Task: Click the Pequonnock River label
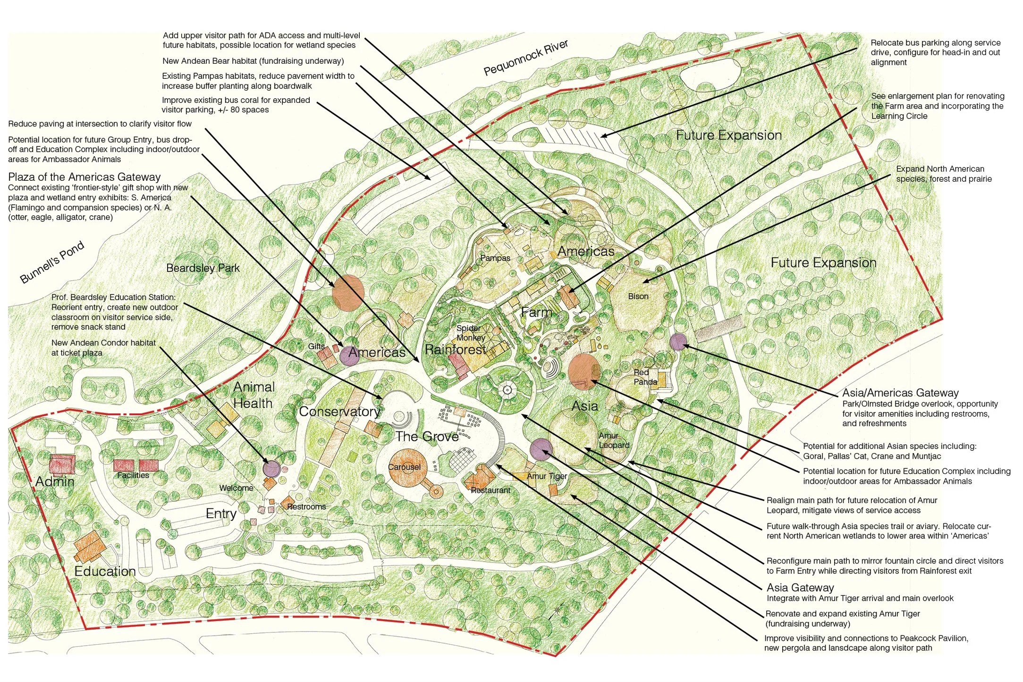(525, 58)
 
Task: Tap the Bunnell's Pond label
(52, 262)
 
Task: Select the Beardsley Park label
(203, 268)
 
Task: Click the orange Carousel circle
(405, 467)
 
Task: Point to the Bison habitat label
(638, 296)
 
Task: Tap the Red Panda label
(645, 377)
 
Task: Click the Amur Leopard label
(614, 440)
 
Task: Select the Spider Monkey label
(470, 333)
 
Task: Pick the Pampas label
(495, 258)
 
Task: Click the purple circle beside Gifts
(349, 356)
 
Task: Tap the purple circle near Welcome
(271, 469)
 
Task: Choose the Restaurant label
(490, 490)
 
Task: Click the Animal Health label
(254, 396)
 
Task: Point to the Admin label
(55, 481)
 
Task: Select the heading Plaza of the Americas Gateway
(85, 177)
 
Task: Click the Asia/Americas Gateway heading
(900, 393)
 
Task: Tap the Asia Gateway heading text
(800, 588)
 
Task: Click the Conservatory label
(339, 412)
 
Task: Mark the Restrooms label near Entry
(306, 507)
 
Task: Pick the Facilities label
(133, 475)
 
